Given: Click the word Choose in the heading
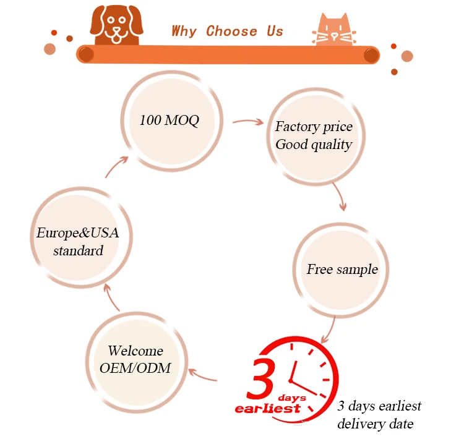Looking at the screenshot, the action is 231,31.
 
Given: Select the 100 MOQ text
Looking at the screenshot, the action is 169,120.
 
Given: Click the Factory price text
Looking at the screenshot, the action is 314,127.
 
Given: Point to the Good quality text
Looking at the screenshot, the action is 314,145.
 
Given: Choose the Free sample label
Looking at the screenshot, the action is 342,270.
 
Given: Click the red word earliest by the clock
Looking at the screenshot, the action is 267,408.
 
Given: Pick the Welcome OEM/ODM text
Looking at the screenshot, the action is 135,359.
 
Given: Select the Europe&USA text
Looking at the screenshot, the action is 77,233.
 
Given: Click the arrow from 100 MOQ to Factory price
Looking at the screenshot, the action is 247,122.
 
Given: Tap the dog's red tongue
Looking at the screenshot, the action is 116,39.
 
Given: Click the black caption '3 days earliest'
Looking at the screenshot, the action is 379,406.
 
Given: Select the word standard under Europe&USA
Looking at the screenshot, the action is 78,251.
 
